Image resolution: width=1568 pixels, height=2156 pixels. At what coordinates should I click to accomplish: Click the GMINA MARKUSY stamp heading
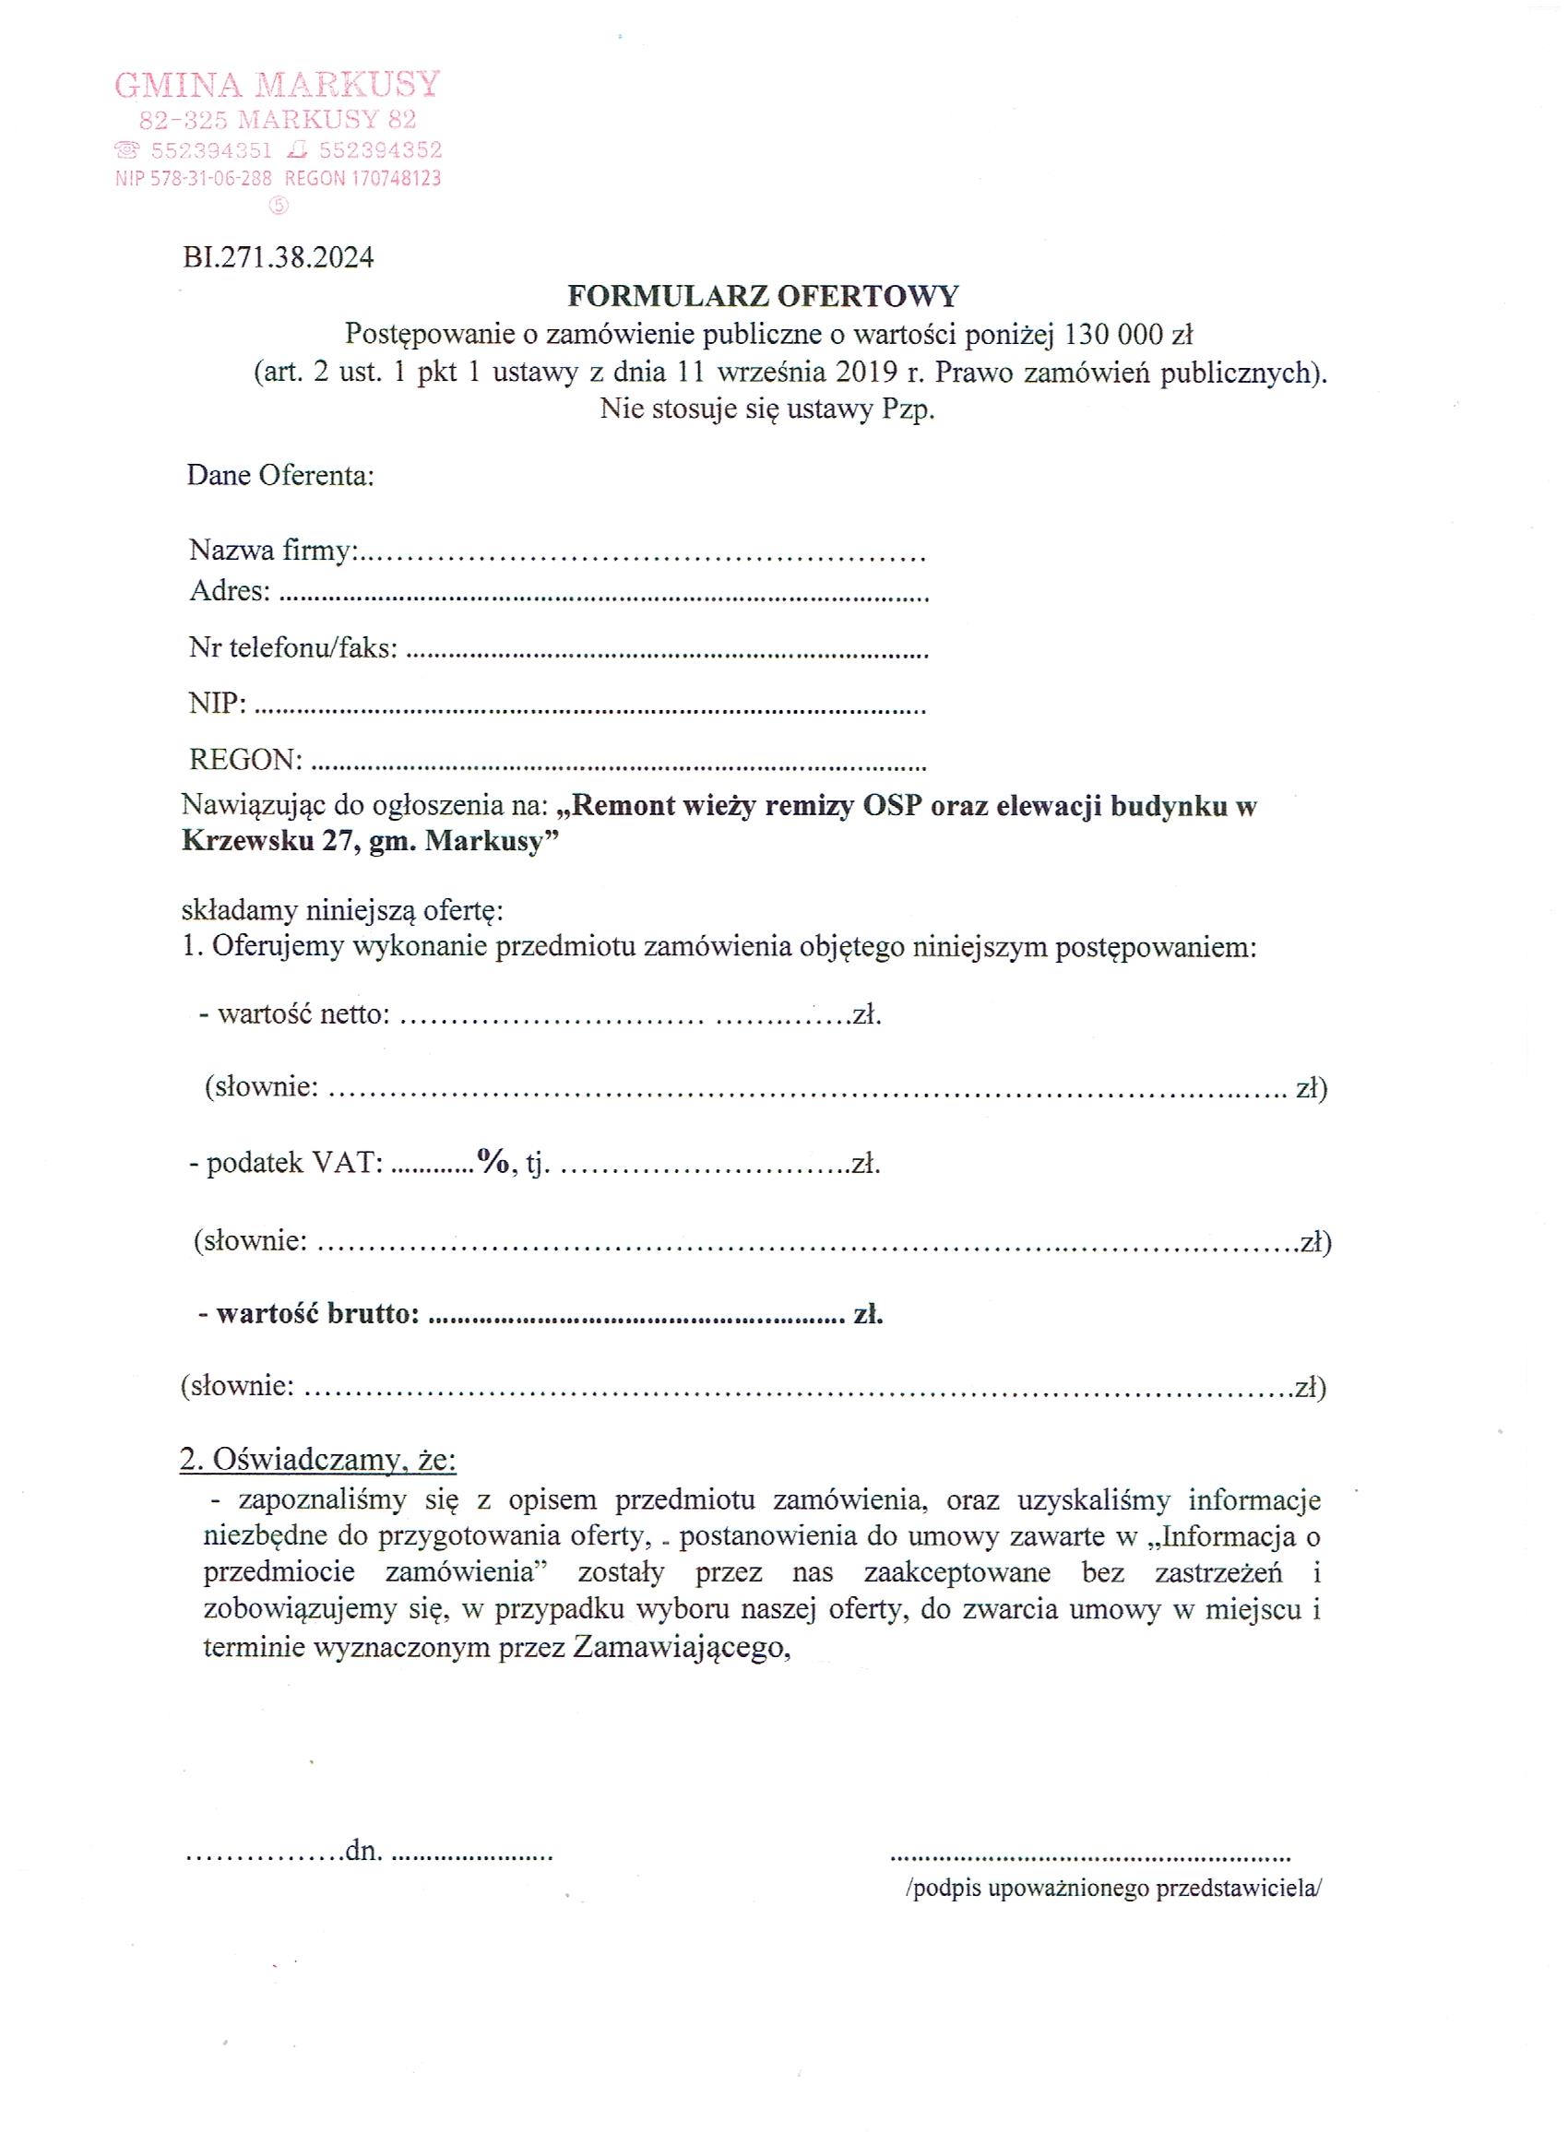[277, 86]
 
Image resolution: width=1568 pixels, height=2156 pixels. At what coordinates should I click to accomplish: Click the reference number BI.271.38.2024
[279, 257]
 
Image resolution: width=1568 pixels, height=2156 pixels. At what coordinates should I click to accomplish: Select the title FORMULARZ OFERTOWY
[763, 297]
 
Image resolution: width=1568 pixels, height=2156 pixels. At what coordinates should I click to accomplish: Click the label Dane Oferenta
[280, 475]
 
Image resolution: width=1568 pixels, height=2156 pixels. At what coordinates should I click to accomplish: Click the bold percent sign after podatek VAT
[494, 1162]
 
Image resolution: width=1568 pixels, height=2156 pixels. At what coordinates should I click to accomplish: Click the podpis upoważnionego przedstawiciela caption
[1113, 1889]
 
